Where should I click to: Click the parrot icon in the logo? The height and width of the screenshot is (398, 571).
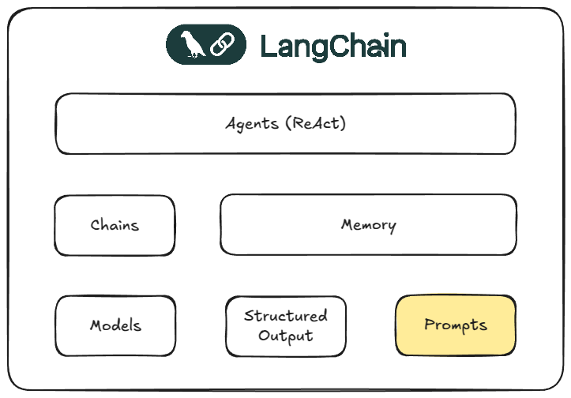192,45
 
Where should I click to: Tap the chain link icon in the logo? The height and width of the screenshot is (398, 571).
219,45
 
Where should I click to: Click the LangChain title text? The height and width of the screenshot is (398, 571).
332,47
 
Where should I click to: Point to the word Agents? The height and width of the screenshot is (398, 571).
252,124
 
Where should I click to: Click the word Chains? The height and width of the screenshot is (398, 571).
115,225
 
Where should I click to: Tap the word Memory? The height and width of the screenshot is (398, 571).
368,225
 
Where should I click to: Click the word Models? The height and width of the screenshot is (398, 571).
115,325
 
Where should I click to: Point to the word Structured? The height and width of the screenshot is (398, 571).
286,316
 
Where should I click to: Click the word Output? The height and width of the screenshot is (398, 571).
286,336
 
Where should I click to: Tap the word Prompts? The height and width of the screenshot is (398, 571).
456,325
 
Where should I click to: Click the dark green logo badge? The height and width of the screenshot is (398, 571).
205,45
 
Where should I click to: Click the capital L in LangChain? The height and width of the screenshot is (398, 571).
267,47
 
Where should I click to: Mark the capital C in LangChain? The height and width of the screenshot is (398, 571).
339,47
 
